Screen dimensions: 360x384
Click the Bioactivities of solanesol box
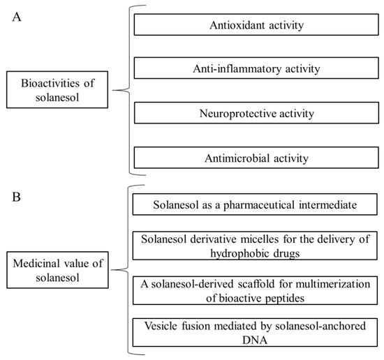[59, 90]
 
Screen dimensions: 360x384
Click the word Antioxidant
[234, 26]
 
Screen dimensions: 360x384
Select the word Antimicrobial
[234, 158]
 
